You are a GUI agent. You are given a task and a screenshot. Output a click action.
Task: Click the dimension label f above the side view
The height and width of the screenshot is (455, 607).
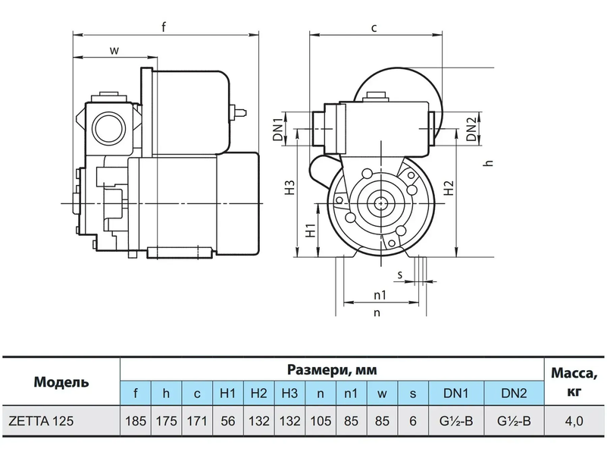tap(164, 27)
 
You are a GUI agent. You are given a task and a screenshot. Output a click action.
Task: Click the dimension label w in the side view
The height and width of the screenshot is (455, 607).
tap(114, 50)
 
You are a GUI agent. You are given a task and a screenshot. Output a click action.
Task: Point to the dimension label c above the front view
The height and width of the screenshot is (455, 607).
tap(374, 28)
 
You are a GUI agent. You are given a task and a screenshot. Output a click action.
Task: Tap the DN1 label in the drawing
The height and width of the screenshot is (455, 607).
tap(278, 129)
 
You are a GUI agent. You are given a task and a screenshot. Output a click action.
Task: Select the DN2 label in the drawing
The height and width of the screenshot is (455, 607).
tap(471, 129)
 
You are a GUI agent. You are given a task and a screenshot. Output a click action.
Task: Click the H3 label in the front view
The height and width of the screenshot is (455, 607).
tap(290, 187)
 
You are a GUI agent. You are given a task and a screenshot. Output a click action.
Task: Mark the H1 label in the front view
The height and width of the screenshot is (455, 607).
tap(311, 230)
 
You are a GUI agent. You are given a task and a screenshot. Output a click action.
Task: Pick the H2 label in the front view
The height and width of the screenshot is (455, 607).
tap(449, 188)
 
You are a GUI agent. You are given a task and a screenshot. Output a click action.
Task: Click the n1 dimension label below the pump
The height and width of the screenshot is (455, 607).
tap(380, 295)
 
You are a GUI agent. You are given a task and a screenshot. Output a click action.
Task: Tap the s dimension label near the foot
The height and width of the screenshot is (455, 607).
tap(400, 275)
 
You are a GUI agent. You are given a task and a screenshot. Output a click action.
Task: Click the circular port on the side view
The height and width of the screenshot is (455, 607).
tap(109, 129)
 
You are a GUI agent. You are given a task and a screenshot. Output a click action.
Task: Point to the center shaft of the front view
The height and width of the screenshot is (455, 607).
tap(381, 202)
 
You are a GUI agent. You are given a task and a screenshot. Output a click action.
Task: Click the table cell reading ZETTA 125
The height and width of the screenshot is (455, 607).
tap(41, 421)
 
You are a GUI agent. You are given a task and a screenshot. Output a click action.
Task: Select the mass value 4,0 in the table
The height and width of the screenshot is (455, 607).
tap(574, 421)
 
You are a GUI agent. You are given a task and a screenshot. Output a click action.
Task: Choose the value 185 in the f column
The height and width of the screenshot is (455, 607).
tap(136, 421)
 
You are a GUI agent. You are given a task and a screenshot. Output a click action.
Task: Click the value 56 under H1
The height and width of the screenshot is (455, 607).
tap(227, 421)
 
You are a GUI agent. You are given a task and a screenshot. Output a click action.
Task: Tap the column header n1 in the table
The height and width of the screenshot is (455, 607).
tap(351, 394)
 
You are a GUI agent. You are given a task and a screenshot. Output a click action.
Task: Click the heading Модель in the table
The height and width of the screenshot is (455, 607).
tap(61, 382)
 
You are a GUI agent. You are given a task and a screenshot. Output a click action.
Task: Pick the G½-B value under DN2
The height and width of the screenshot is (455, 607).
tap(514, 421)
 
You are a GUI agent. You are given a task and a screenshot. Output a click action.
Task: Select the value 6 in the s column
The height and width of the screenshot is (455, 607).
tap(413, 421)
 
